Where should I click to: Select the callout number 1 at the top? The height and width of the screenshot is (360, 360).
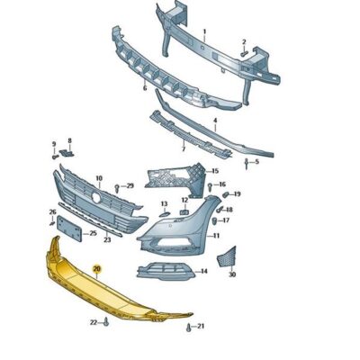204,31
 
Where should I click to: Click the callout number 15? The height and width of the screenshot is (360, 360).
214,170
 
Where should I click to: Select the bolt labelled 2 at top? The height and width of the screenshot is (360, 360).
240,51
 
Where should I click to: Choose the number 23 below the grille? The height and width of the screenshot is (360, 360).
107,240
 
